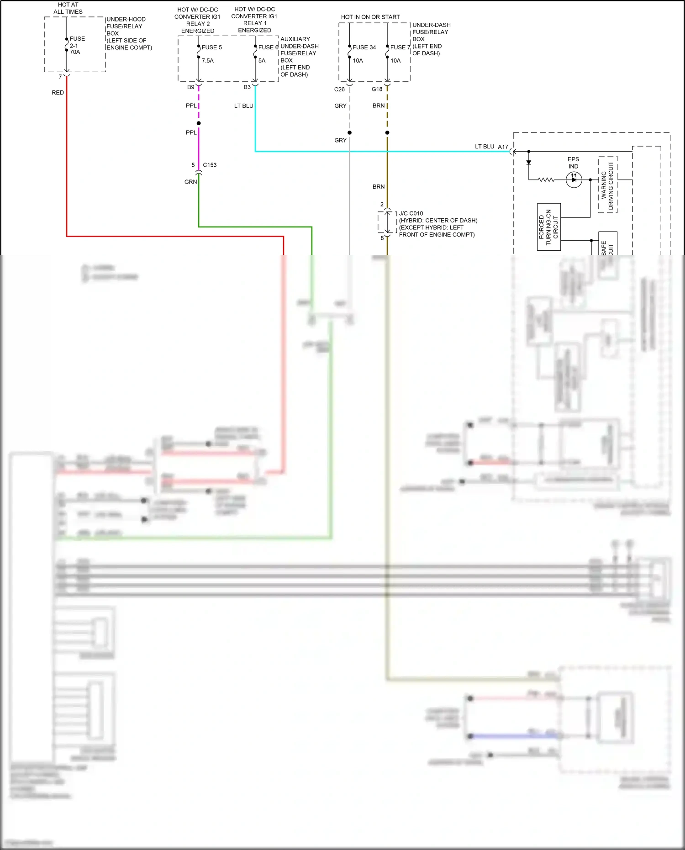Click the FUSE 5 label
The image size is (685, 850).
click(x=211, y=48)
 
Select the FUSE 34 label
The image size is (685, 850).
click(x=364, y=48)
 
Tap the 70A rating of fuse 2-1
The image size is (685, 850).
click(x=75, y=52)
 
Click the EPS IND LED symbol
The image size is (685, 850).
click(x=574, y=180)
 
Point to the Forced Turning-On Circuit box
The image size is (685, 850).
click(x=548, y=227)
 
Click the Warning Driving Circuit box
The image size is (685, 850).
click(x=607, y=185)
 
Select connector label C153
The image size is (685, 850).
click(x=210, y=165)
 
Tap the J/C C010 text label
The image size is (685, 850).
click(x=411, y=213)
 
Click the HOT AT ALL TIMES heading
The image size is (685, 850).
click(x=68, y=8)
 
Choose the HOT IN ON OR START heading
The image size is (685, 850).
click(x=370, y=17)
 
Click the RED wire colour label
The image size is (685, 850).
click(x=58, y=93)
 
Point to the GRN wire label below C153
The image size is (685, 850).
click(x=190, y=182)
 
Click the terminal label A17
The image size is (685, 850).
click(x=503, y=147)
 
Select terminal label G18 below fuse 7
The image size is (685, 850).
click(x=377, y=89)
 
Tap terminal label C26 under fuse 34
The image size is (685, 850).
click(x=339, y=90)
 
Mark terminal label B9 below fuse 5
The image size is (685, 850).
click(x=190, y=87)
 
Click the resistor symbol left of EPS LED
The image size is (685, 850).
click(x=546, y=180)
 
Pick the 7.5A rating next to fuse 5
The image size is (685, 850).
click(x=208, y=61)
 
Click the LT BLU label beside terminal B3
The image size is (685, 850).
click(x=243, y=106)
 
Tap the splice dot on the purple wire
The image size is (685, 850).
click(x=199, y=123)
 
